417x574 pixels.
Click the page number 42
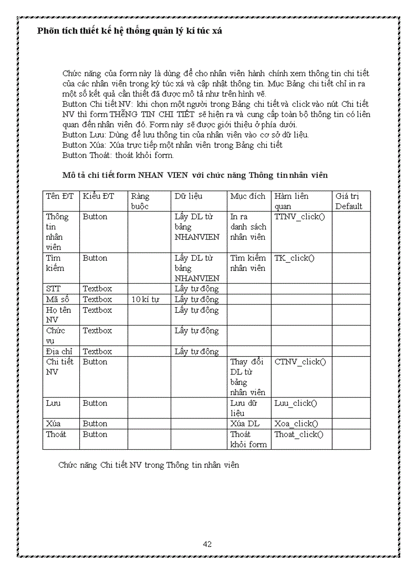(207, 544)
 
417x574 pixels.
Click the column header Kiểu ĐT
(98, 196)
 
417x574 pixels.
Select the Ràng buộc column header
(141, 201)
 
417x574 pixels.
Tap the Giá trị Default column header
(349, 201)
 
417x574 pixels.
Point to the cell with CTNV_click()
(300, 362)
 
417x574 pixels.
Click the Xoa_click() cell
(296, 424)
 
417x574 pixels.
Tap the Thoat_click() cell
(299, 434)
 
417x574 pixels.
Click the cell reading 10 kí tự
(145, 300)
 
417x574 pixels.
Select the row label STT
(53, 289)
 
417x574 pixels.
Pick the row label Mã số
(54, 300)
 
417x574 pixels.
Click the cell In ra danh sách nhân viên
(248, 227)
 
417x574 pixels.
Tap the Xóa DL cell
(245, 424)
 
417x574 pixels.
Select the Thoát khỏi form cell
(248, 440)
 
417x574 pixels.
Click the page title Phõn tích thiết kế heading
(130, 31)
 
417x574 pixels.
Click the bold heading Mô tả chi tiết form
(195, 175)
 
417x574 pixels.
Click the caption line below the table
(149, 466)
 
